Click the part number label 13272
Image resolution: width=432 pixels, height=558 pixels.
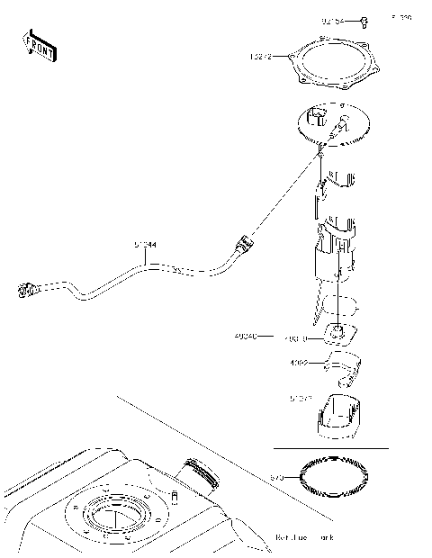point(262,58)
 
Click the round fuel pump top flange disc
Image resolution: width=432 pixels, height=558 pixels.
point(334,125)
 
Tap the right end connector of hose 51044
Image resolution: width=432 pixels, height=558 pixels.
point(243,244)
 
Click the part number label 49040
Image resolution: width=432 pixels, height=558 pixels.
point(244,336)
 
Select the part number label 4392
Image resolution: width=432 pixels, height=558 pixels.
point(300,364)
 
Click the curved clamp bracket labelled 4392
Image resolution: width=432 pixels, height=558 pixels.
point(342,368)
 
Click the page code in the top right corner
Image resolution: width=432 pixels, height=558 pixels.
point(400,17)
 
